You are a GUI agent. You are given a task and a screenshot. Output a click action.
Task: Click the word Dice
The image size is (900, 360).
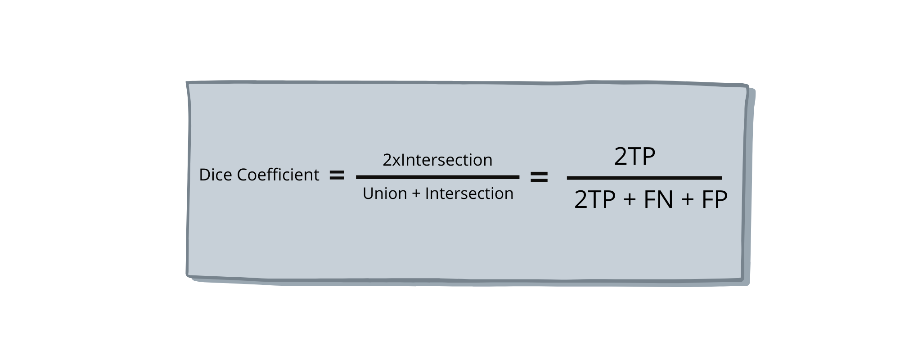tap(216, 175)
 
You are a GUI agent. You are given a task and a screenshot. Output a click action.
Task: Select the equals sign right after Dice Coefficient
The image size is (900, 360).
tap(337, 175)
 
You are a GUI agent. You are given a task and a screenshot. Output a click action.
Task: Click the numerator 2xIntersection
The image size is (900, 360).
tap(437, 160)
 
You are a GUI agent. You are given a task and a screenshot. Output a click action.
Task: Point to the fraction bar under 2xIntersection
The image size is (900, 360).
tap(437, 177)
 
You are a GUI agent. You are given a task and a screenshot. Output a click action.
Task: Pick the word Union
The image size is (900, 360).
tap(385, 193)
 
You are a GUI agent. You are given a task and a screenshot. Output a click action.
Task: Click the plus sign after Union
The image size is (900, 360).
tap(416, 194)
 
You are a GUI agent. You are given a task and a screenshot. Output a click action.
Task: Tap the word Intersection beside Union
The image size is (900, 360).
tap(469, 193)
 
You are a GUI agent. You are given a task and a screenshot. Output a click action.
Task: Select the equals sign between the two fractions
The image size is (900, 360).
tap(539, 177)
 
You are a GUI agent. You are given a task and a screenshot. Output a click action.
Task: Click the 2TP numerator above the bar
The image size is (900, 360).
tap(634, 157)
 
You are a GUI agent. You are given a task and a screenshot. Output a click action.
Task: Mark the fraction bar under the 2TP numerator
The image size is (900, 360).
tap(644, 178)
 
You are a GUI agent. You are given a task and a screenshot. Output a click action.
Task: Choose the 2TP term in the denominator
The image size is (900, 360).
tap(594, 200)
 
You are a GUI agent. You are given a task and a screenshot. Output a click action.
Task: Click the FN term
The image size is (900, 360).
tap(658, 200)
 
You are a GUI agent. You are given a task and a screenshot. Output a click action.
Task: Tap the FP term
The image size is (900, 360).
tap(714, 200)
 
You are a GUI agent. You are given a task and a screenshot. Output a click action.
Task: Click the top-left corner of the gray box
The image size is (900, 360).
tap(188, 83)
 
